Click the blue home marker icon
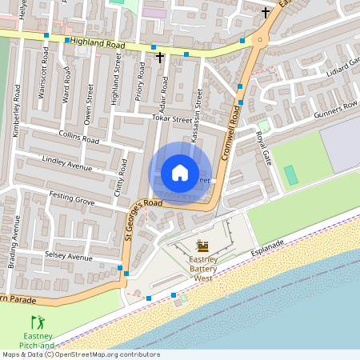(x=180, y=173)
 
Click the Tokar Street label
(x=171, y=119)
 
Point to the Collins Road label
(x=78, y=138)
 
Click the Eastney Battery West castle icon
(x=202, y=246)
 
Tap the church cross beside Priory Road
(x=160, y=57)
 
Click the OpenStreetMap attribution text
(x=80, y=354)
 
